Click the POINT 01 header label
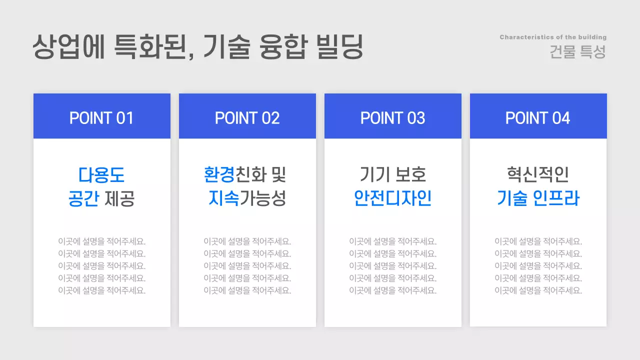[101, 118]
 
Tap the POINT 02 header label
[247, 118]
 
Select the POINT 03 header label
[392, 118]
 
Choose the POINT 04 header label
[538, 118]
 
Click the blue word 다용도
[101, 175]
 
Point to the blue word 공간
[83, 199]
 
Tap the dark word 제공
[120, 199]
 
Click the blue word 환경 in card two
[219, 175]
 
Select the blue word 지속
[223, 199]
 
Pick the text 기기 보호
[392, 175]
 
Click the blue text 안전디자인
[392, 199]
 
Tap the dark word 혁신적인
[538, 175]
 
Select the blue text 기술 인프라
[538, 199]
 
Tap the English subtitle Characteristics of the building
[553, 37]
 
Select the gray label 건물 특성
[577, 52]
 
